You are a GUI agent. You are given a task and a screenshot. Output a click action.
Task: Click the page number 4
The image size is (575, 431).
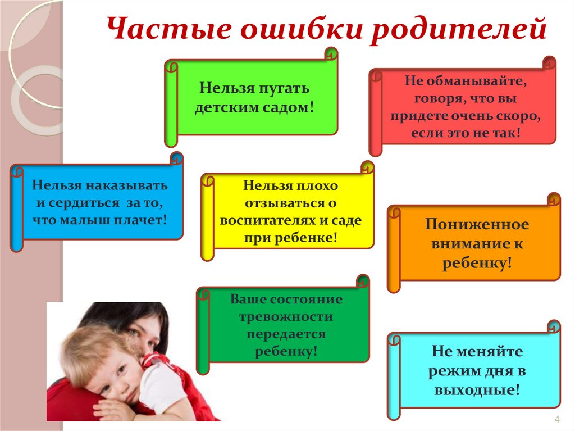(x=557, y=420)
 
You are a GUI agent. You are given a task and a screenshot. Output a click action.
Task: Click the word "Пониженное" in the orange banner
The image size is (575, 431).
(x=477, y=225)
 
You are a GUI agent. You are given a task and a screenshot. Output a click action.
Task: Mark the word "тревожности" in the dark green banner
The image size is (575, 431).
(x=286, y=317)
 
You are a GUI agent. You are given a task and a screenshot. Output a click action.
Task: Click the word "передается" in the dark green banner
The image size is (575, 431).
(x=286, y=335)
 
